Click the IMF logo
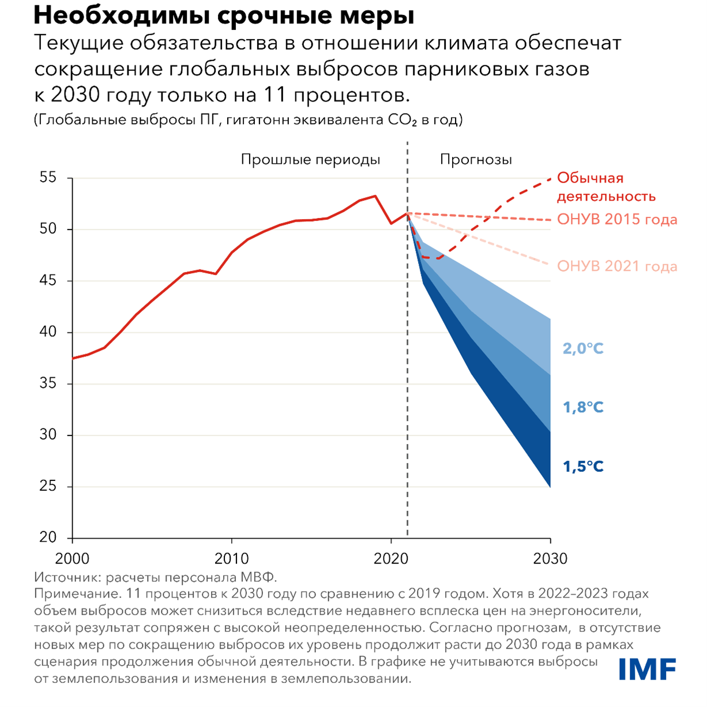(647, 669)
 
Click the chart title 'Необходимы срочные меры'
(224, 16)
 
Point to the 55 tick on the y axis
(48, 178)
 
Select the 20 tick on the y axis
(48, 537)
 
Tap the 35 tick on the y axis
(48, 383)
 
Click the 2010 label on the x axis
(231, 559)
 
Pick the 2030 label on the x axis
(550, 559)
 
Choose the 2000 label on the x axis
(72, 559)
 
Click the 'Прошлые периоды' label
(310, 160)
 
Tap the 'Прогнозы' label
(476, 160)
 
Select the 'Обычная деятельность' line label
(606, 187)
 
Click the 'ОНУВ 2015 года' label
(616, 220)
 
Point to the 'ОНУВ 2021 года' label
(616, 266)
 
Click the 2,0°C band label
(583, 348)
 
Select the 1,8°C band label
(583, 407)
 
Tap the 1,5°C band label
(583, 467)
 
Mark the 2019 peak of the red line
(375, 196)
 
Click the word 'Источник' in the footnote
(62, 577)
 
